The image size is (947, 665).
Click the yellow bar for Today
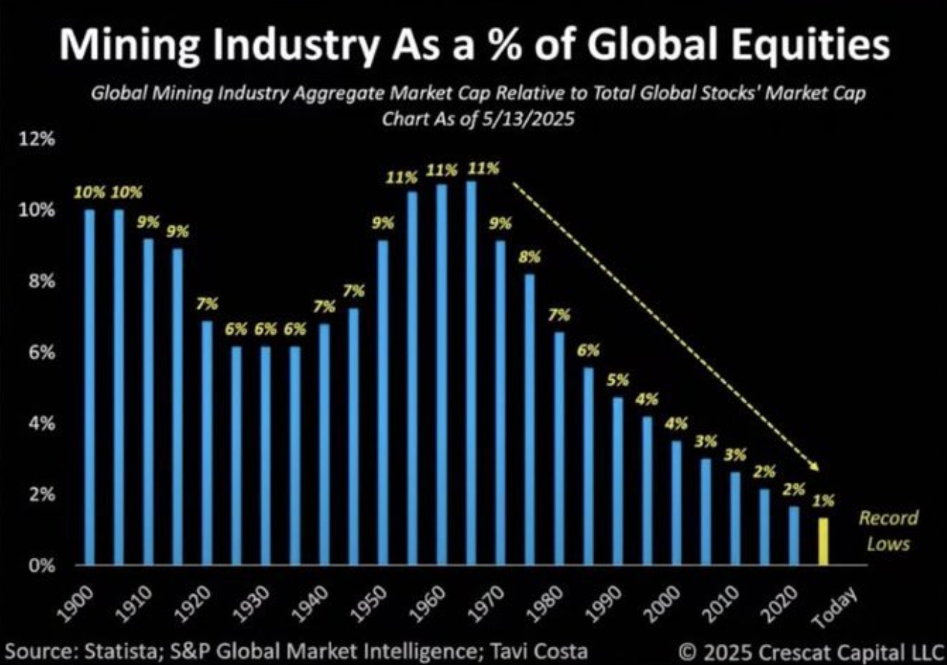(x=822, y=541)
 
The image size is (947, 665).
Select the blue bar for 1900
(x=90, y=386)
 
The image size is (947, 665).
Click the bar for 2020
(x=792, y=535)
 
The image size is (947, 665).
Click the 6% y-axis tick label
(x=42, y=352)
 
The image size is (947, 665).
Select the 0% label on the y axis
(x=42, y=565)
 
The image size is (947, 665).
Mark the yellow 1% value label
(x=822, y=500)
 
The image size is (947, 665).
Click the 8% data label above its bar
(x=530, y=257)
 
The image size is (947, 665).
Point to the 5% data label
(x=617, y=380)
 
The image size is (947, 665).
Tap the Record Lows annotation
(x=888, y=530)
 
